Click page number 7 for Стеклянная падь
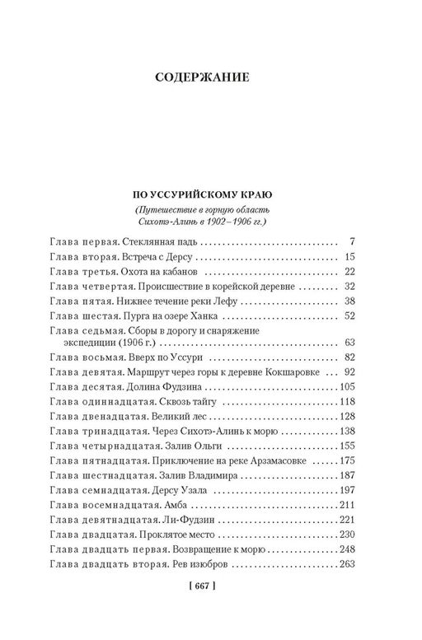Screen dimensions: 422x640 pyautogui.click(x=351, y=242)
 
